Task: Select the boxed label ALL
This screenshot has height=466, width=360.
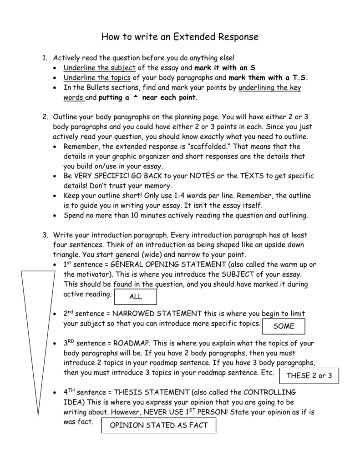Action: [x=136, y=297]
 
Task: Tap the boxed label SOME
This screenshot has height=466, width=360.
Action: [x=284, y=326]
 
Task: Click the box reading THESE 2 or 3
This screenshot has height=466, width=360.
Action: [x=309, y=376]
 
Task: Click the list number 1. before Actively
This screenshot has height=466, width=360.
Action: [x=45, y=58]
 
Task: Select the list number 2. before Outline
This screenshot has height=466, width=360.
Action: [x=45, y=117]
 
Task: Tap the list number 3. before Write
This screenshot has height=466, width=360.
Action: [x=45, y=235]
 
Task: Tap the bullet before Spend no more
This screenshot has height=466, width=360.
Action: [x=55, y=216]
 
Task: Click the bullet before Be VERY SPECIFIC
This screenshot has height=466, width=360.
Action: [x=55, y=176]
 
